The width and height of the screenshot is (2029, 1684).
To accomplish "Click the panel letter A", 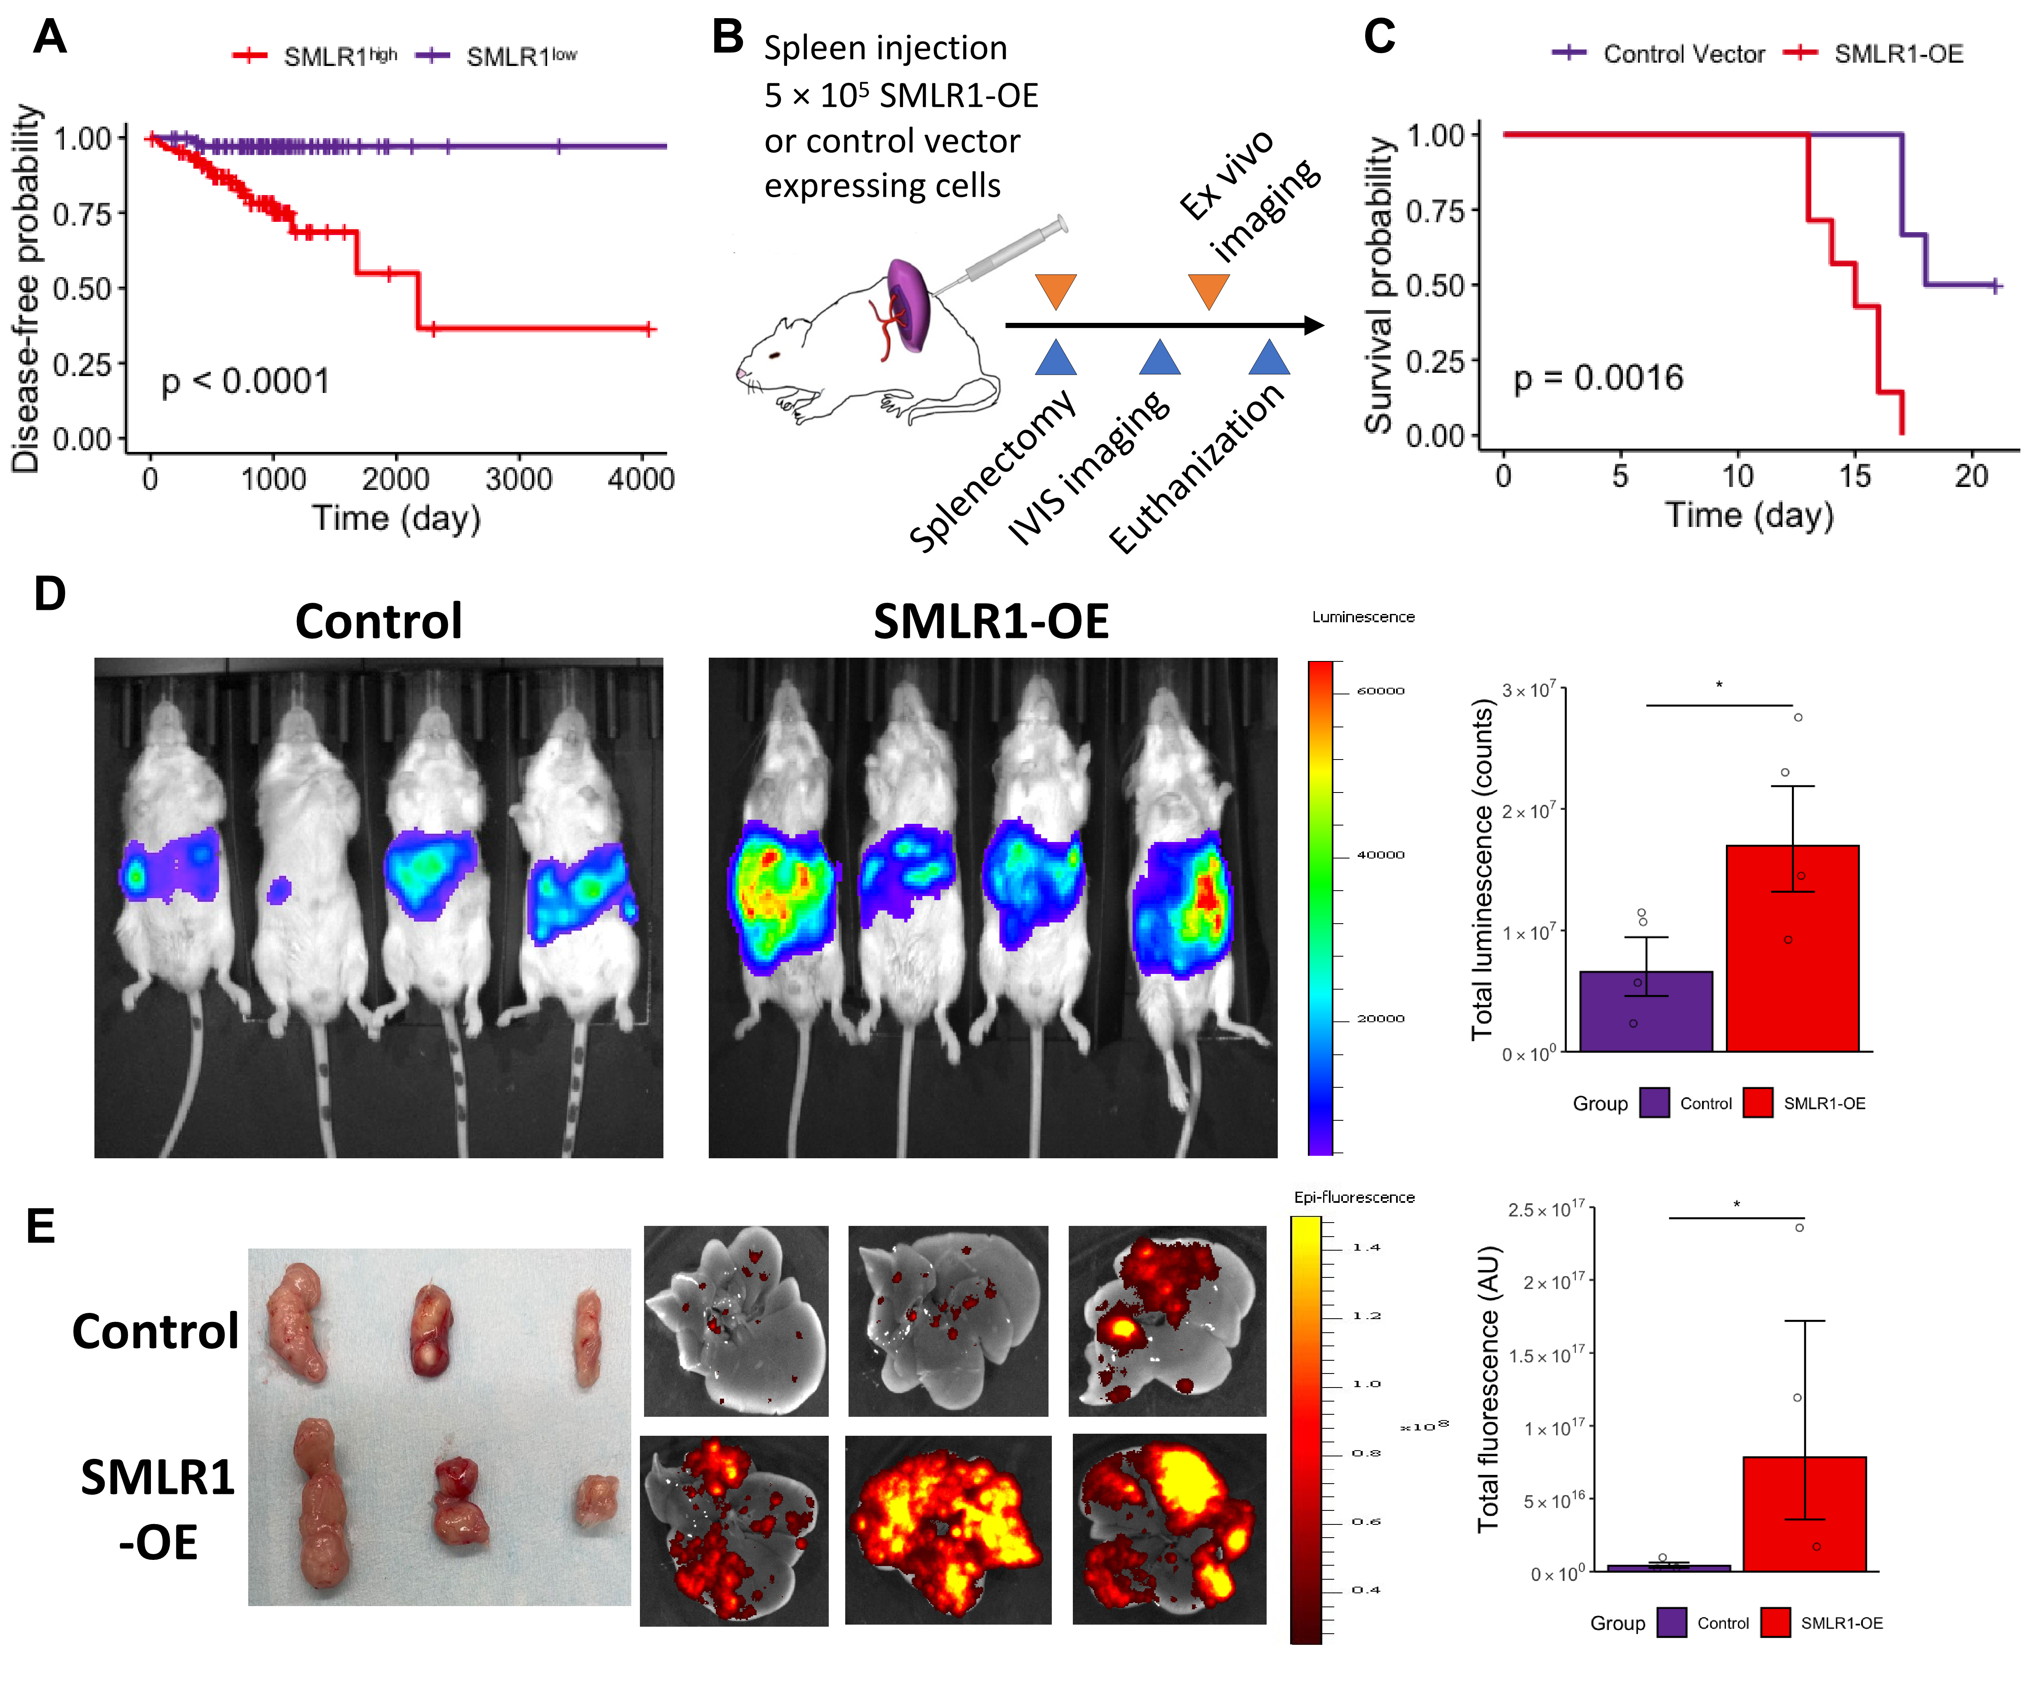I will click(50, 38).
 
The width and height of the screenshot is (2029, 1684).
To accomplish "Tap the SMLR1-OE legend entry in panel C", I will click(1897, 54).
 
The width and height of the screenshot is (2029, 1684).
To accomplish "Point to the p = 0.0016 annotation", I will click(1598, 378).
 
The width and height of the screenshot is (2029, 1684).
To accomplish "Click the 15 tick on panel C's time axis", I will click(1854, 475).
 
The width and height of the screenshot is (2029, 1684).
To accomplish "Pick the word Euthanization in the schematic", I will click(1196, 468).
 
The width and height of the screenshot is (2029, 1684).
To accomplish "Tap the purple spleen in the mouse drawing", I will click(908, 304).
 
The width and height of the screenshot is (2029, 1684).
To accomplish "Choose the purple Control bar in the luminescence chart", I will click(1646, 1011).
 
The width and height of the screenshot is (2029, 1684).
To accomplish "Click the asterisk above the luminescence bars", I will click(1719, 686).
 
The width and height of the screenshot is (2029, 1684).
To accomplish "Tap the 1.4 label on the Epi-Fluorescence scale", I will click(1366, 1247).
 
